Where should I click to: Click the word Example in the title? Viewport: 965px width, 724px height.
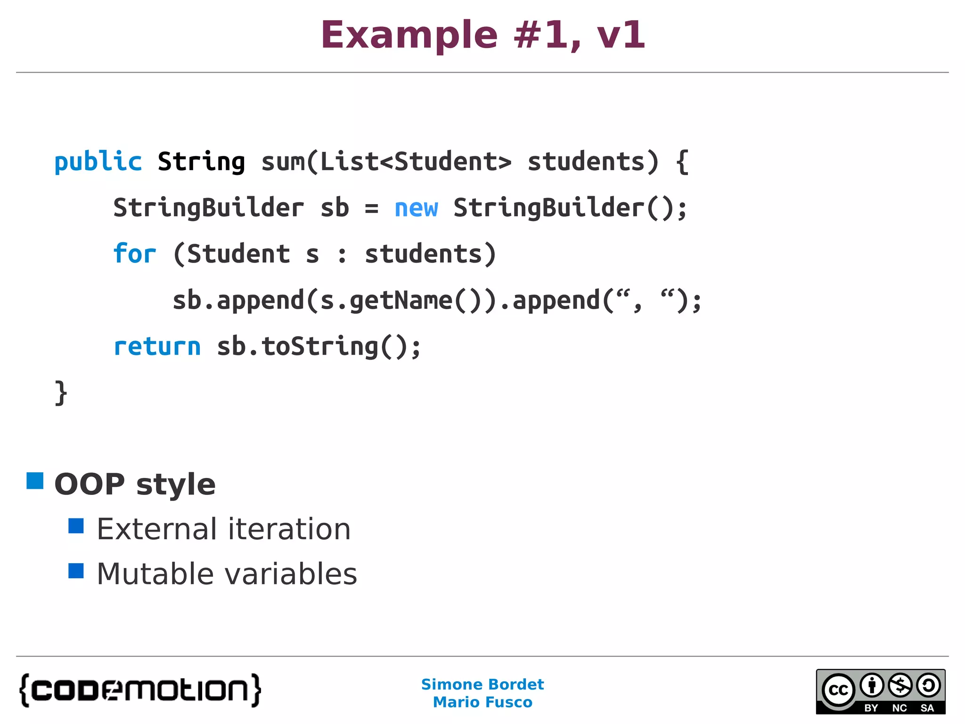point(409,36)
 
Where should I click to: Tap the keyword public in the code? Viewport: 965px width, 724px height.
point(98,162)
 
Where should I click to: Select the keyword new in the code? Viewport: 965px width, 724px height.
point(416,208)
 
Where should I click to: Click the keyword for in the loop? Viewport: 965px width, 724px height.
point(134,254)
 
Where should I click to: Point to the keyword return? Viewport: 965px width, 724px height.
point(157,347)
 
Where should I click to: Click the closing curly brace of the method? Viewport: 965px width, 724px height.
point(61,393)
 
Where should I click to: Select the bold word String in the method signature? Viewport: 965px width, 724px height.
point(201,162)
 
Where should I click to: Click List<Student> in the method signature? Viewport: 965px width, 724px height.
point(416,162)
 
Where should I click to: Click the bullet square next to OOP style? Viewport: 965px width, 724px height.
point(35,481)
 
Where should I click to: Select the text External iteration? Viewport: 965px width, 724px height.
point(224,529)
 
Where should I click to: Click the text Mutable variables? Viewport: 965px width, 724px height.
point(227,574)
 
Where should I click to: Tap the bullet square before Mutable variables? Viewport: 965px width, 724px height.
point(76,571)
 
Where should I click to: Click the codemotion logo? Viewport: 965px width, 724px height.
point(140,690)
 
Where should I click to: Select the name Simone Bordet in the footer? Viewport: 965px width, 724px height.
point(482,684)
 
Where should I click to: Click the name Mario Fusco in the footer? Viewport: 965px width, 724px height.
point(482,702)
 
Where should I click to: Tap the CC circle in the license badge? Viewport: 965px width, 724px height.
point(838,690)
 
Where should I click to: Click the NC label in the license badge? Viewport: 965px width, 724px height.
point(900,708)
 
